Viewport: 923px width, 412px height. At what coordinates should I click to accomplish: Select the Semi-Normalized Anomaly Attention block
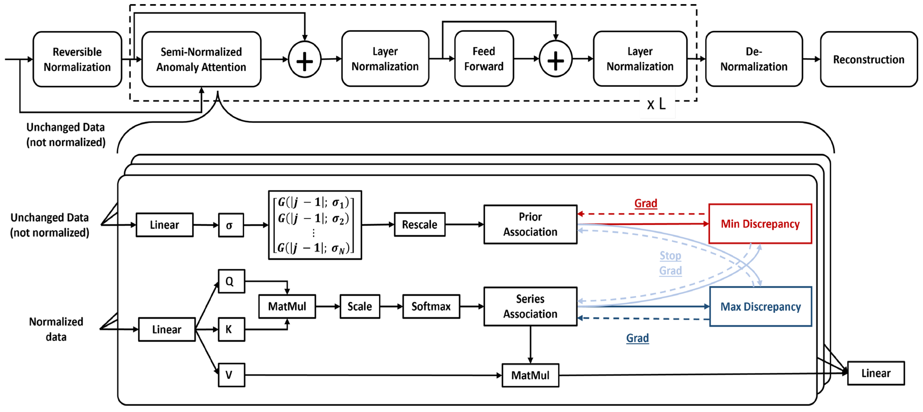(x=201, y=59)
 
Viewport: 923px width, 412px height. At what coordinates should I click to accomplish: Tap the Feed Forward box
(x=484, y=59)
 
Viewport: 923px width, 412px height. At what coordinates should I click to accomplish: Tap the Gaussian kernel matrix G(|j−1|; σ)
(x=315, y=225)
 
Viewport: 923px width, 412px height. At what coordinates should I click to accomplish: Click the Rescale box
(x=419, y=224)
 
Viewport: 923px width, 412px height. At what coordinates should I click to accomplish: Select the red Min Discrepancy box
(x=760, y=224)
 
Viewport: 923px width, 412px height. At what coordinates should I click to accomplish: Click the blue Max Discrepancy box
(x=760, y=307)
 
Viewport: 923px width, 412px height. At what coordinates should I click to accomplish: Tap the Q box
(x=231, y=281)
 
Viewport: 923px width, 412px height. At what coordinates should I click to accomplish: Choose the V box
(x=231, y=375)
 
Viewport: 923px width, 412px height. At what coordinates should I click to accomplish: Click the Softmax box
(x=431, y=307)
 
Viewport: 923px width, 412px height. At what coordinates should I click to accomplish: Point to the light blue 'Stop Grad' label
(x=670, y=263)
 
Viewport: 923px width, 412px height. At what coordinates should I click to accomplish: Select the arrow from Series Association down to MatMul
(x=530, y=344)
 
